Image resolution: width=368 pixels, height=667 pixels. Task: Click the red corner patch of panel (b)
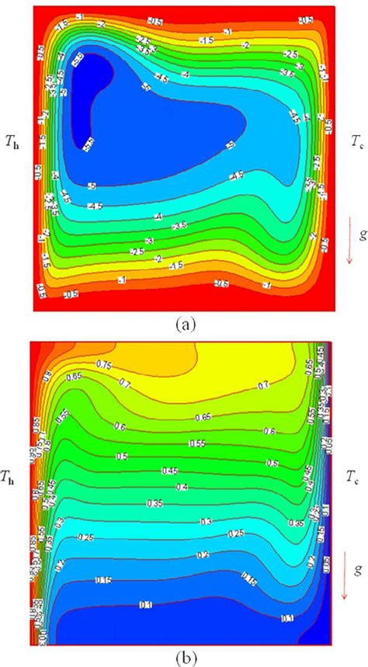point(40,353)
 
